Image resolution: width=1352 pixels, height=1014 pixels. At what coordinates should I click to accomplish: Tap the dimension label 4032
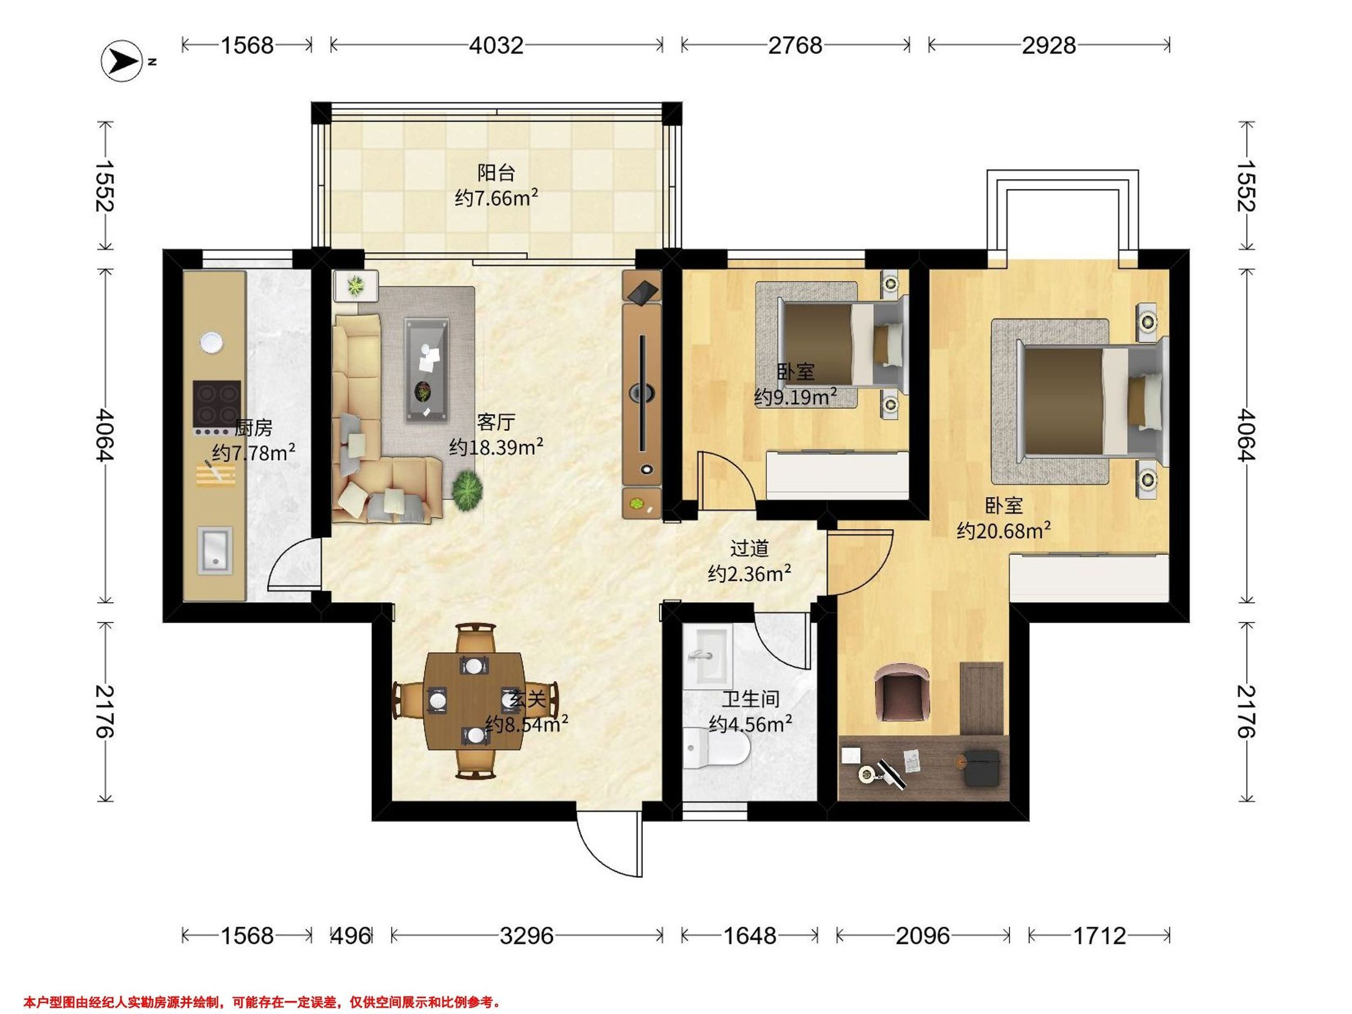[496, 45]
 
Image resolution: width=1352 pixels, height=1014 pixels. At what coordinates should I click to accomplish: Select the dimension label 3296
[526, 935]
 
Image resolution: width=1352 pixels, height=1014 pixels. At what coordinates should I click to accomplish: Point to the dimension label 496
[350, 935]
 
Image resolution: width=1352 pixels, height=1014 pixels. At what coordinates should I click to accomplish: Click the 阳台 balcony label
[496, 172]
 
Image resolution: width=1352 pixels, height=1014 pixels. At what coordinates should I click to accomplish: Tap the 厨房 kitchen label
[253, 427]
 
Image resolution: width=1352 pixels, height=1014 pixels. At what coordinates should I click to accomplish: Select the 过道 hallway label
[749, 548]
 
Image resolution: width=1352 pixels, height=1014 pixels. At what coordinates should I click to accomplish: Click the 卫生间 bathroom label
[750, 699]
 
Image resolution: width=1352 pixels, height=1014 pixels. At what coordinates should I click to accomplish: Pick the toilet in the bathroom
[717, 748]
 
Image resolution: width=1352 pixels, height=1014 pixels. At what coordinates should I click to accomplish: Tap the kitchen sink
[215, 551]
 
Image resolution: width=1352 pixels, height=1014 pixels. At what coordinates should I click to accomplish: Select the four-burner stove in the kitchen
[216, 404]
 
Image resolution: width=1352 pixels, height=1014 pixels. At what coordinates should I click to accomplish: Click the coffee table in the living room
[426, 369]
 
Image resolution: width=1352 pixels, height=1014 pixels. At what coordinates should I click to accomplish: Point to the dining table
[475, 700]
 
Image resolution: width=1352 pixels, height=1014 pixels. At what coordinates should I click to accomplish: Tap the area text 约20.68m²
[1004, 530]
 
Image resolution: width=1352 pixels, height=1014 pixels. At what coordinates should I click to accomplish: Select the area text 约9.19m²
[795, 397]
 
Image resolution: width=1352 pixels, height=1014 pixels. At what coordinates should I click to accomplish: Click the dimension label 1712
[1099, 935]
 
